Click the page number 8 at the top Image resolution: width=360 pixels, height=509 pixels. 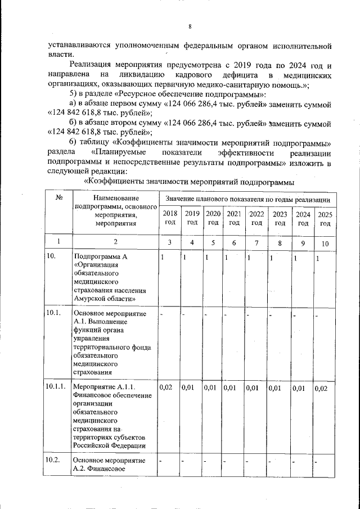(190, 26)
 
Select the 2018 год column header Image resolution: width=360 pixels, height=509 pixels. (169, 218)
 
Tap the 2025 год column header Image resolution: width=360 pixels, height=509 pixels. (325, 218)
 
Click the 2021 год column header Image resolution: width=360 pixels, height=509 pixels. (234, 218)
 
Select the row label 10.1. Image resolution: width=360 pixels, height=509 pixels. (53, 313)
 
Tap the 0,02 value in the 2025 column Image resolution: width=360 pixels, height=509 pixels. (321, 388)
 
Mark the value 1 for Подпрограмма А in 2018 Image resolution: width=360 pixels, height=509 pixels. (162, 258)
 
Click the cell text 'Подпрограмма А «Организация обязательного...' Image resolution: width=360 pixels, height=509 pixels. (109, 278)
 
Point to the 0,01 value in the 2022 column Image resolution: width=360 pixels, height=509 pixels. (253, 388)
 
